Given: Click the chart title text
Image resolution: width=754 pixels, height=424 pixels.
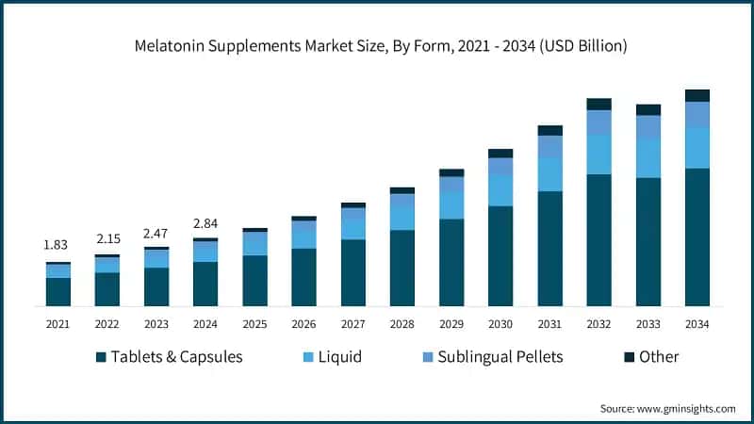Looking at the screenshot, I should [377, 45].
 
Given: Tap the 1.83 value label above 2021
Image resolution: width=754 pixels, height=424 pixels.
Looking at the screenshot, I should [57, 245].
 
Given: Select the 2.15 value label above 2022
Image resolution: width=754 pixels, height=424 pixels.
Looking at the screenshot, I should [107, 239].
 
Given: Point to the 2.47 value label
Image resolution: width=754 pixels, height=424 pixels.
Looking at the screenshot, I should [156, 232].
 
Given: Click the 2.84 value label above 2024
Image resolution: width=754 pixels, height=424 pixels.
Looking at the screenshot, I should [205, 223].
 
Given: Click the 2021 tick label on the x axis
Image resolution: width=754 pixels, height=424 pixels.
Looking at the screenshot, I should [57, 323].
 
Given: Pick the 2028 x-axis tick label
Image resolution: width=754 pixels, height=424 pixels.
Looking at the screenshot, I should [402, 323].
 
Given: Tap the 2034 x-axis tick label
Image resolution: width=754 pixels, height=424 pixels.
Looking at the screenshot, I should [697, 323].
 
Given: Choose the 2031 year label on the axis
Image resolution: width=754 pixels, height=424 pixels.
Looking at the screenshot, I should [549, 323].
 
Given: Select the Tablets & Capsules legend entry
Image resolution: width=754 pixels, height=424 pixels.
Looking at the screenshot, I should [170, 357].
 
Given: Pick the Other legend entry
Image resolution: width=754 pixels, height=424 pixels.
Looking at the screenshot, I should [650, 357].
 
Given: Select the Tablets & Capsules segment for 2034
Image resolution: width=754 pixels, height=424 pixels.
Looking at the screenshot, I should [697, 237].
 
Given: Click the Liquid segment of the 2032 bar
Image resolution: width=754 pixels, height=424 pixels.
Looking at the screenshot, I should [598, 154].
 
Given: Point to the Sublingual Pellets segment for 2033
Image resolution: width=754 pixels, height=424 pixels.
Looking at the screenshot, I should [647, 127].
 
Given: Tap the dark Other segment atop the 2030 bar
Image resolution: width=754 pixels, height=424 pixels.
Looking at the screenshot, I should [500, 154].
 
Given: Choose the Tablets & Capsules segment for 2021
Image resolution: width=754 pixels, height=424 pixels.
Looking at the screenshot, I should [57, 292].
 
